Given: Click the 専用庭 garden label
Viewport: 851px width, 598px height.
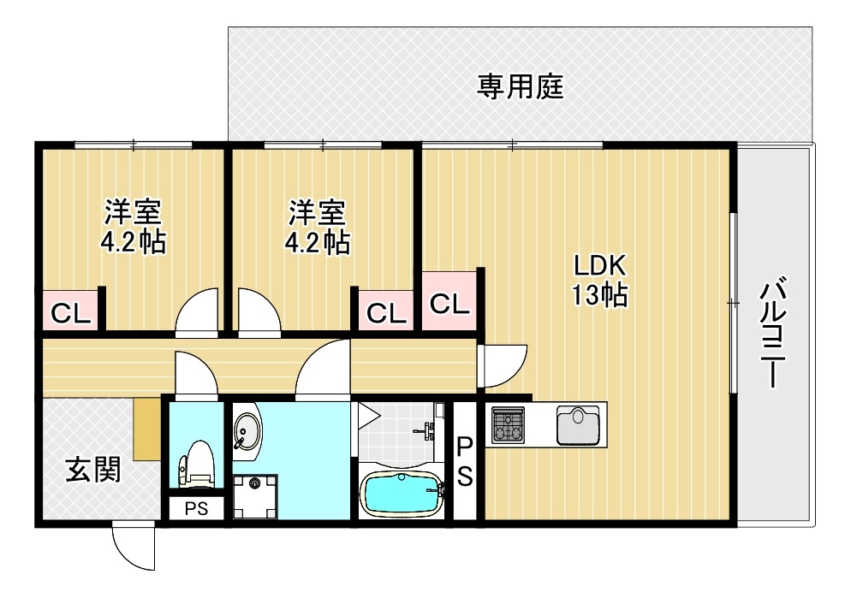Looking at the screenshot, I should (520, 86).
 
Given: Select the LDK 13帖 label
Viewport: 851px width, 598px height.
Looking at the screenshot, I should (600, 279).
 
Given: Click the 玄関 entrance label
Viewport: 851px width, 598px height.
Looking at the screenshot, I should (92, 469).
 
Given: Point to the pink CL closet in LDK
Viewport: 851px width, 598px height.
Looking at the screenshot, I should (449, 302).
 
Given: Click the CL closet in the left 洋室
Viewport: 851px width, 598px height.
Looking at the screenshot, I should (69, 313).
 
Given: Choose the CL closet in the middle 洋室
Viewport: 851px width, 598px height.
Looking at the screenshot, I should (386, 313).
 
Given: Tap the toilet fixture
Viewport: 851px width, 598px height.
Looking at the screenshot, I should (194, 463).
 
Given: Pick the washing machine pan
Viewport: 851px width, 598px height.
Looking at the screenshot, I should (254, 495).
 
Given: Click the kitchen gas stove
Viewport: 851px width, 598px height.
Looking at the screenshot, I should (508, 424).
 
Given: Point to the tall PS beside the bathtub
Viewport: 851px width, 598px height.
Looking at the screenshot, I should (464, 461).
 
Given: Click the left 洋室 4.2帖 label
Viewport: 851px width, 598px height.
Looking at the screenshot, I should (133, 227).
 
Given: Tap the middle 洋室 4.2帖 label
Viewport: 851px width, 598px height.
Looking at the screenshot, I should (317, 227).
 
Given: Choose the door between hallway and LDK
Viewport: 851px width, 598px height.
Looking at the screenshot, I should (503, 364).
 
